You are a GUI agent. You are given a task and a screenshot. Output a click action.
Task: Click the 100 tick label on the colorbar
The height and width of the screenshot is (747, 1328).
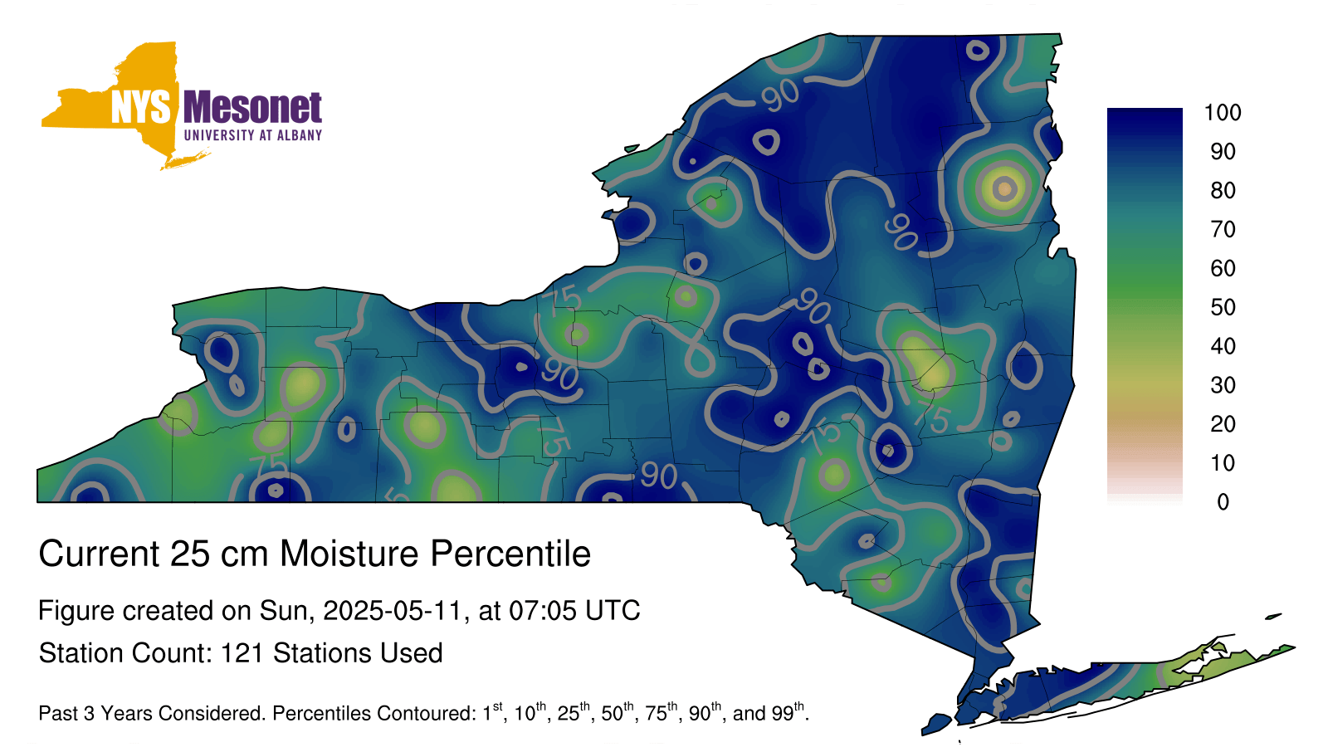click(1223, 112)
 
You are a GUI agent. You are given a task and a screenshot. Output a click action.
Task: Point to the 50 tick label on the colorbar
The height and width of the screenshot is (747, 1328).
click(1223, 307)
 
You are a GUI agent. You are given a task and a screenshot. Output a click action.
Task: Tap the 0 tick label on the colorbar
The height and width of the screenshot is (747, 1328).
click(1223, 502)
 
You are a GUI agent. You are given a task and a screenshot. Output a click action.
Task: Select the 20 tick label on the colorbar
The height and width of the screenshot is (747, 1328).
click(1223, 424)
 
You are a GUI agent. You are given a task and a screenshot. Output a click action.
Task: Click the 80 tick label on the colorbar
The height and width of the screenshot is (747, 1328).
click(1223, 190)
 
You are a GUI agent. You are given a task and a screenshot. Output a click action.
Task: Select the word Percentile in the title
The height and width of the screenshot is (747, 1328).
click(510, 554)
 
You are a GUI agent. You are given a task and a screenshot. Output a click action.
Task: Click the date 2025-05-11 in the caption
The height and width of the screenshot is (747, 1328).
click(392, 610)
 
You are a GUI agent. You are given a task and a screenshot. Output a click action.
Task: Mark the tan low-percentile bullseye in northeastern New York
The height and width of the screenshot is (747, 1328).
click(1004, 188)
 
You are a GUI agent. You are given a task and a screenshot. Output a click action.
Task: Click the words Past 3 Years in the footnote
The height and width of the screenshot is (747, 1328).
click(100, 713)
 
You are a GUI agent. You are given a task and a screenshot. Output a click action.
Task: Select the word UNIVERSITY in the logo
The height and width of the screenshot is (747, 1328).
click(219, 135)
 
